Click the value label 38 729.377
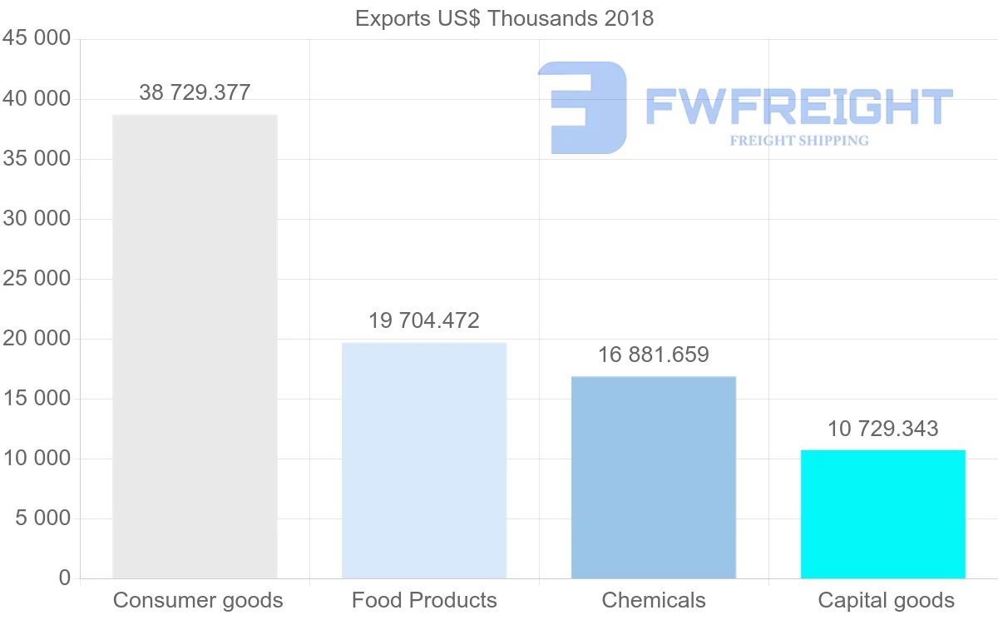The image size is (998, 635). point(195,92)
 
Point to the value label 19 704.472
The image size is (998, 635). point(424,320)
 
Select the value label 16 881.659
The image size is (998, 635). point(654,355)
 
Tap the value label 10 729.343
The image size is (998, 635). point(883,429)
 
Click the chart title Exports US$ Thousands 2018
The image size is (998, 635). point(504,18)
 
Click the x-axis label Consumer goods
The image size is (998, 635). point(198,600)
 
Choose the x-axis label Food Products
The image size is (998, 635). point(424,600)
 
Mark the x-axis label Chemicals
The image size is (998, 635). point(654,600)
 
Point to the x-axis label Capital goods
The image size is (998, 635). point(887,600)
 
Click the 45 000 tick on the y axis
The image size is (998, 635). point(37,39)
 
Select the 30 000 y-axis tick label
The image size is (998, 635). point(37,219)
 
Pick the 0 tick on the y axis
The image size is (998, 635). point(65,578)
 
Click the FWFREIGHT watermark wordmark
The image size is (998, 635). point(798,107)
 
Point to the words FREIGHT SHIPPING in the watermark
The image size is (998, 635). point(799,141)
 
